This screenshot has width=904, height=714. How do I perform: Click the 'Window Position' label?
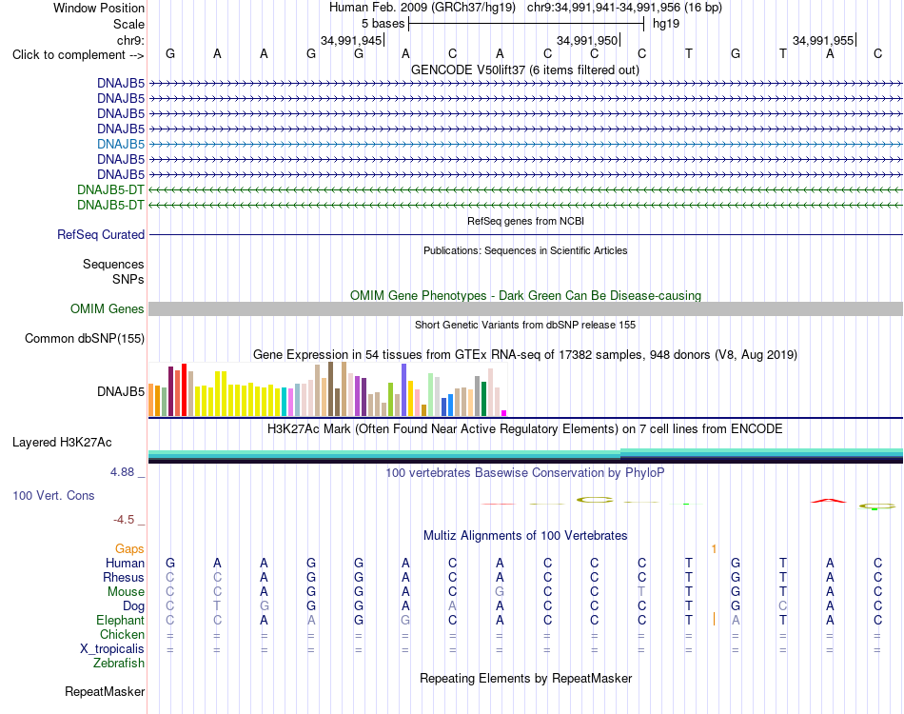99,8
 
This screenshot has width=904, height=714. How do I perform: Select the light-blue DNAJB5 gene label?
121,144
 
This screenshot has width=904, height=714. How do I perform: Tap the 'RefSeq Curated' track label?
101,235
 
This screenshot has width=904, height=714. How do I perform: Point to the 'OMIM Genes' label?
107,309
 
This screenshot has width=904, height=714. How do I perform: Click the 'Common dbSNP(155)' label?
84,339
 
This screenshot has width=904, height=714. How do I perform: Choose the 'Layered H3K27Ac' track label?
62,443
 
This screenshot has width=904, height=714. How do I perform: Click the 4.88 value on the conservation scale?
122,472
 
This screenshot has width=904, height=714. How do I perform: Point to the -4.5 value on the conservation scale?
124,520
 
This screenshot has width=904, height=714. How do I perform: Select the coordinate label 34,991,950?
586,40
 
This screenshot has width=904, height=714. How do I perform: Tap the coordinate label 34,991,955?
823,40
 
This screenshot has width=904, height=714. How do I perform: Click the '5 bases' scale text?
383,24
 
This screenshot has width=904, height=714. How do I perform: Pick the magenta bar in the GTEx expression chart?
504,413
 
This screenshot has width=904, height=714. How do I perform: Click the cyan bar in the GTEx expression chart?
285,402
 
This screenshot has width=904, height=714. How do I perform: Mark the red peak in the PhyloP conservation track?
829,500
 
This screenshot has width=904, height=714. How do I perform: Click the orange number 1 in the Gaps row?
714,549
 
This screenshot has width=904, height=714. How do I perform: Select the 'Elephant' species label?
120,621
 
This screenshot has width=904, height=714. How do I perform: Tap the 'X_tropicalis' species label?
112,649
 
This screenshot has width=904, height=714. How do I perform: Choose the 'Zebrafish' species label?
119,664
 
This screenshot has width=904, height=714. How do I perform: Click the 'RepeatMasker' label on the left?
105,691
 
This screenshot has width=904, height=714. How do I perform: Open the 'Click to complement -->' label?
78,55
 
